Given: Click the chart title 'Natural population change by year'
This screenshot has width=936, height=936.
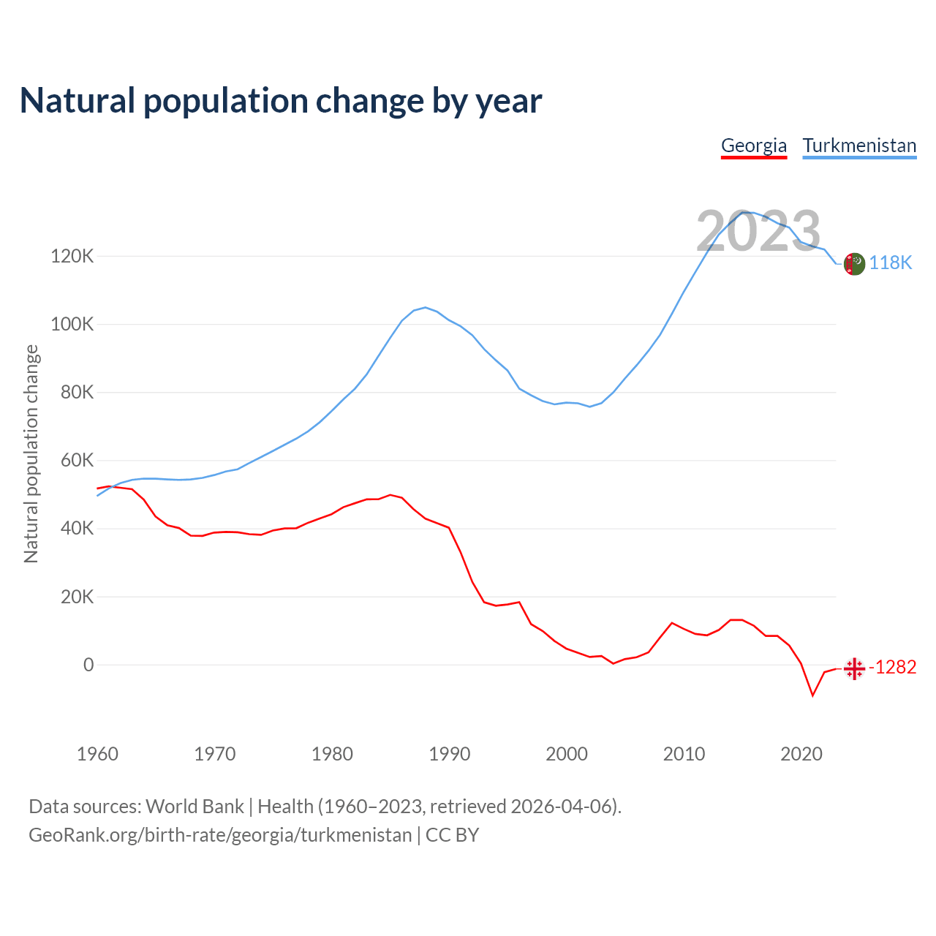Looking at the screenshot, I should (280, 101).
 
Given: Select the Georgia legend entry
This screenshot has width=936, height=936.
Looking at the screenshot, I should (754, 146).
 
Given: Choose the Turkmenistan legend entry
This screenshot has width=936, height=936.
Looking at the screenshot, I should (859, 146).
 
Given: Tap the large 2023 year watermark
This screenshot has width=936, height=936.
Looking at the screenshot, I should (758, 232).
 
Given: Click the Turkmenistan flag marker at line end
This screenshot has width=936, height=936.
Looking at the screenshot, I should (854, 263).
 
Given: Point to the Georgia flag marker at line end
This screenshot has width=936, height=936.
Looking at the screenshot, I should (854, 668).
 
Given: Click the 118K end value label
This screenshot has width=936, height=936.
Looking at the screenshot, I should (890, 263).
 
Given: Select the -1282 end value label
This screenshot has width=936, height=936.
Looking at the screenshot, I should (892, 668).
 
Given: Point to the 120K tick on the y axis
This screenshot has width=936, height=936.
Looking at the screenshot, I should (72, 257).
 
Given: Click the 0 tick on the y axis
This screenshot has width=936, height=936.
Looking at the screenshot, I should (88, 665).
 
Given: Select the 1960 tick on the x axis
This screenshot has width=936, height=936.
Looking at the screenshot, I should (97, 754).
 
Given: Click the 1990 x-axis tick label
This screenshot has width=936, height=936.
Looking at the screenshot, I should (449, 754).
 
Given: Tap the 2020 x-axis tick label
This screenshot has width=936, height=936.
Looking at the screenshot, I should (801, 754).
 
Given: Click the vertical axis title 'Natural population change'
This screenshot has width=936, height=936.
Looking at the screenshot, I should (31, 454).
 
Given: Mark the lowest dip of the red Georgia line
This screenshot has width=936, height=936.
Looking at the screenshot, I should (812, 695).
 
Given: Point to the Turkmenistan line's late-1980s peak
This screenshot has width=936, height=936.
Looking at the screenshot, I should (426, 308).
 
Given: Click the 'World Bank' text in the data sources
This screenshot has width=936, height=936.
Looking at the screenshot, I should (195, 807).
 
